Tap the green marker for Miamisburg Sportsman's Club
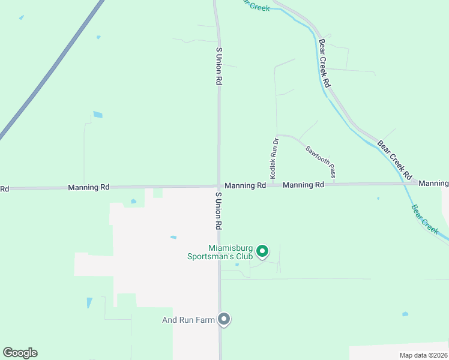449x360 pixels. coord(262,251)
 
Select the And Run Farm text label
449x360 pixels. coord(188,320)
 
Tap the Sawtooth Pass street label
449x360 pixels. coord(320,162)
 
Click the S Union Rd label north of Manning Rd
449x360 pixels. coord(219,66)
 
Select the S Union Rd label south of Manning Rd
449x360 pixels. coord(219,211)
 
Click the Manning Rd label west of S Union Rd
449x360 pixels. coord(89,187)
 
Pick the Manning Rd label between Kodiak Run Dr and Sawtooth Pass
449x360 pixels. coord(303,185)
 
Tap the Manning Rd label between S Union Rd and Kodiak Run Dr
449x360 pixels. coord(245,186)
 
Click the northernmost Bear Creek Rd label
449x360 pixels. coord(325,64)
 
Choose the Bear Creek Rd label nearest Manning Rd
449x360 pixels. coord(395,160)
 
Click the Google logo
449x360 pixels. coord(20,353)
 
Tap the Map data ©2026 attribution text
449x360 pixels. coord(423,355)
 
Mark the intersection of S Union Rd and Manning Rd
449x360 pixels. coord(218,186)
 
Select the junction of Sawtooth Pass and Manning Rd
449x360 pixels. coord(335,184)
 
